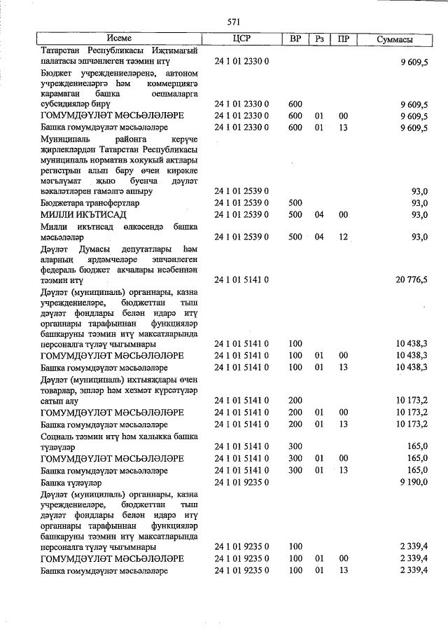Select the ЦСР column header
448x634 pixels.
(241, 39)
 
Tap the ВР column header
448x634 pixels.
(295, 39)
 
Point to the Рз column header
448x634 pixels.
(319, 39)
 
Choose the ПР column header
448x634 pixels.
(343, 39)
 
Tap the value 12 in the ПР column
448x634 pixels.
(343, 237)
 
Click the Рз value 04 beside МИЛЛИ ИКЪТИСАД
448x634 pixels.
(319, 214)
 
